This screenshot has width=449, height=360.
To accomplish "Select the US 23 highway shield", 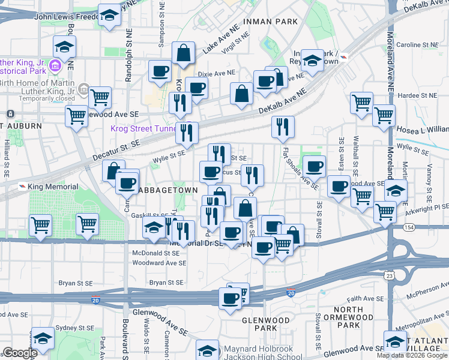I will (x=390, y=275).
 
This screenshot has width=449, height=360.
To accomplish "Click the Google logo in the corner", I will (x=20, y=353).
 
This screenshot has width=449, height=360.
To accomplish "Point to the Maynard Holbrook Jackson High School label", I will (x=262, y=353).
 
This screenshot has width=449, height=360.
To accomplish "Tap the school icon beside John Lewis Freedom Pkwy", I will (x=109, y=16).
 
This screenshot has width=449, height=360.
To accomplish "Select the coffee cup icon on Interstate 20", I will (x=229, y=298).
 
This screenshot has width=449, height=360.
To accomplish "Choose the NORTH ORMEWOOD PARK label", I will (x=349, y=317).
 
